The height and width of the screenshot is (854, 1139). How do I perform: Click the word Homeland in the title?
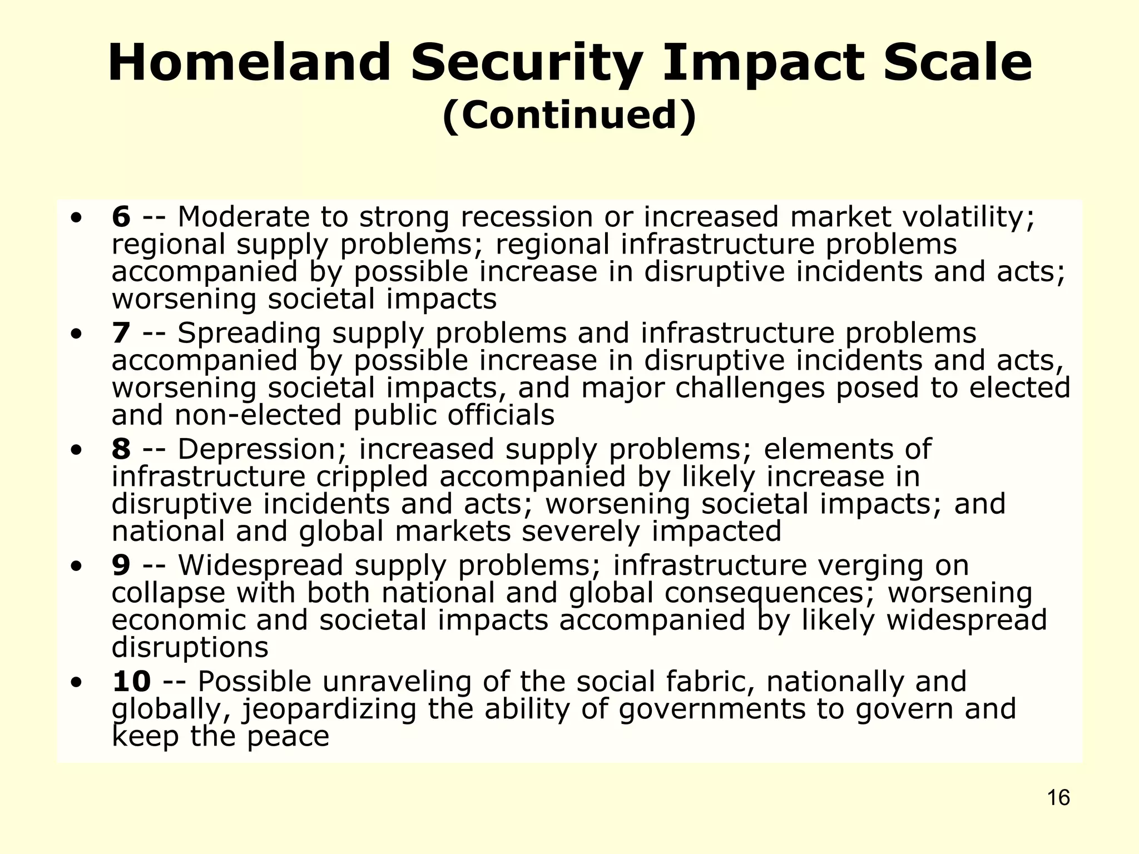pyautogui.click(x=249, y=62)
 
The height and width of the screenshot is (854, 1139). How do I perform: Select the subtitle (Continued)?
pyautogui.click(x=569, y=115)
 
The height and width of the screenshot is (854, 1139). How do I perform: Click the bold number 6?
pyautogui.click(x=121, y=217)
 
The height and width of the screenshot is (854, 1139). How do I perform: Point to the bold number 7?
pyautogui.click(x=121, y=333)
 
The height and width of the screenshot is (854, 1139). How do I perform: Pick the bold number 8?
pyautogui.click(x=121, y=449)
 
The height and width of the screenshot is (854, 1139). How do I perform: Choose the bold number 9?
pyautogui.click(x=121, y=565)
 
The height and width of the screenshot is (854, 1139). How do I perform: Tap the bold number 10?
pyautogui.click(x=131, y=682)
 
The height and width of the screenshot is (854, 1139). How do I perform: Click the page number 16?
pyautogui.click(x=1058, y=798)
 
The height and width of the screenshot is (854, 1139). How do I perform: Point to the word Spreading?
pyautogui.click(x=249, y=333)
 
